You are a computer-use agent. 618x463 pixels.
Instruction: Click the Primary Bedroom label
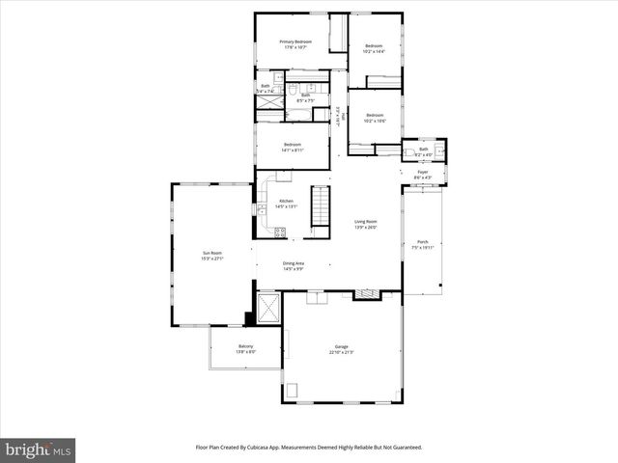[x=295, y=41]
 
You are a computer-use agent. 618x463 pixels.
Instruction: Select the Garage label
[x=341, y=347]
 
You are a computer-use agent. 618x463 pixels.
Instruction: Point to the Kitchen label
[x=286, y=201]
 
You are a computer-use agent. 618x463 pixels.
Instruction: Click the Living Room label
[x=365, y=222]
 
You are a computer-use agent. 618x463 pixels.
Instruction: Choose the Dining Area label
[x=294, y=263]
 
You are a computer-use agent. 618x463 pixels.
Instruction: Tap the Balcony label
[x=246, y=346]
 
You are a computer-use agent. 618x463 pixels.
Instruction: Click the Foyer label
[x=423, y=173]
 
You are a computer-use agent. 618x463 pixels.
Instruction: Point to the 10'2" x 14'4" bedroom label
[x=374, y=46]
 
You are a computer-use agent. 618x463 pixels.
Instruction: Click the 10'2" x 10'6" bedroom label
[x=375, y=116]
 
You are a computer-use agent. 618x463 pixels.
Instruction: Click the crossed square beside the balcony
[x=269, y=309]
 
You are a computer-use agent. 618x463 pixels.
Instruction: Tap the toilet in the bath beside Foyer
[x=440, y=150]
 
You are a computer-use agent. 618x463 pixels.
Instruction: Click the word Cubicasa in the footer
[x=262, y=448]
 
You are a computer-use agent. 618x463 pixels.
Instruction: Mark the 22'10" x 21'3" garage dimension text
[x=341, y=352]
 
